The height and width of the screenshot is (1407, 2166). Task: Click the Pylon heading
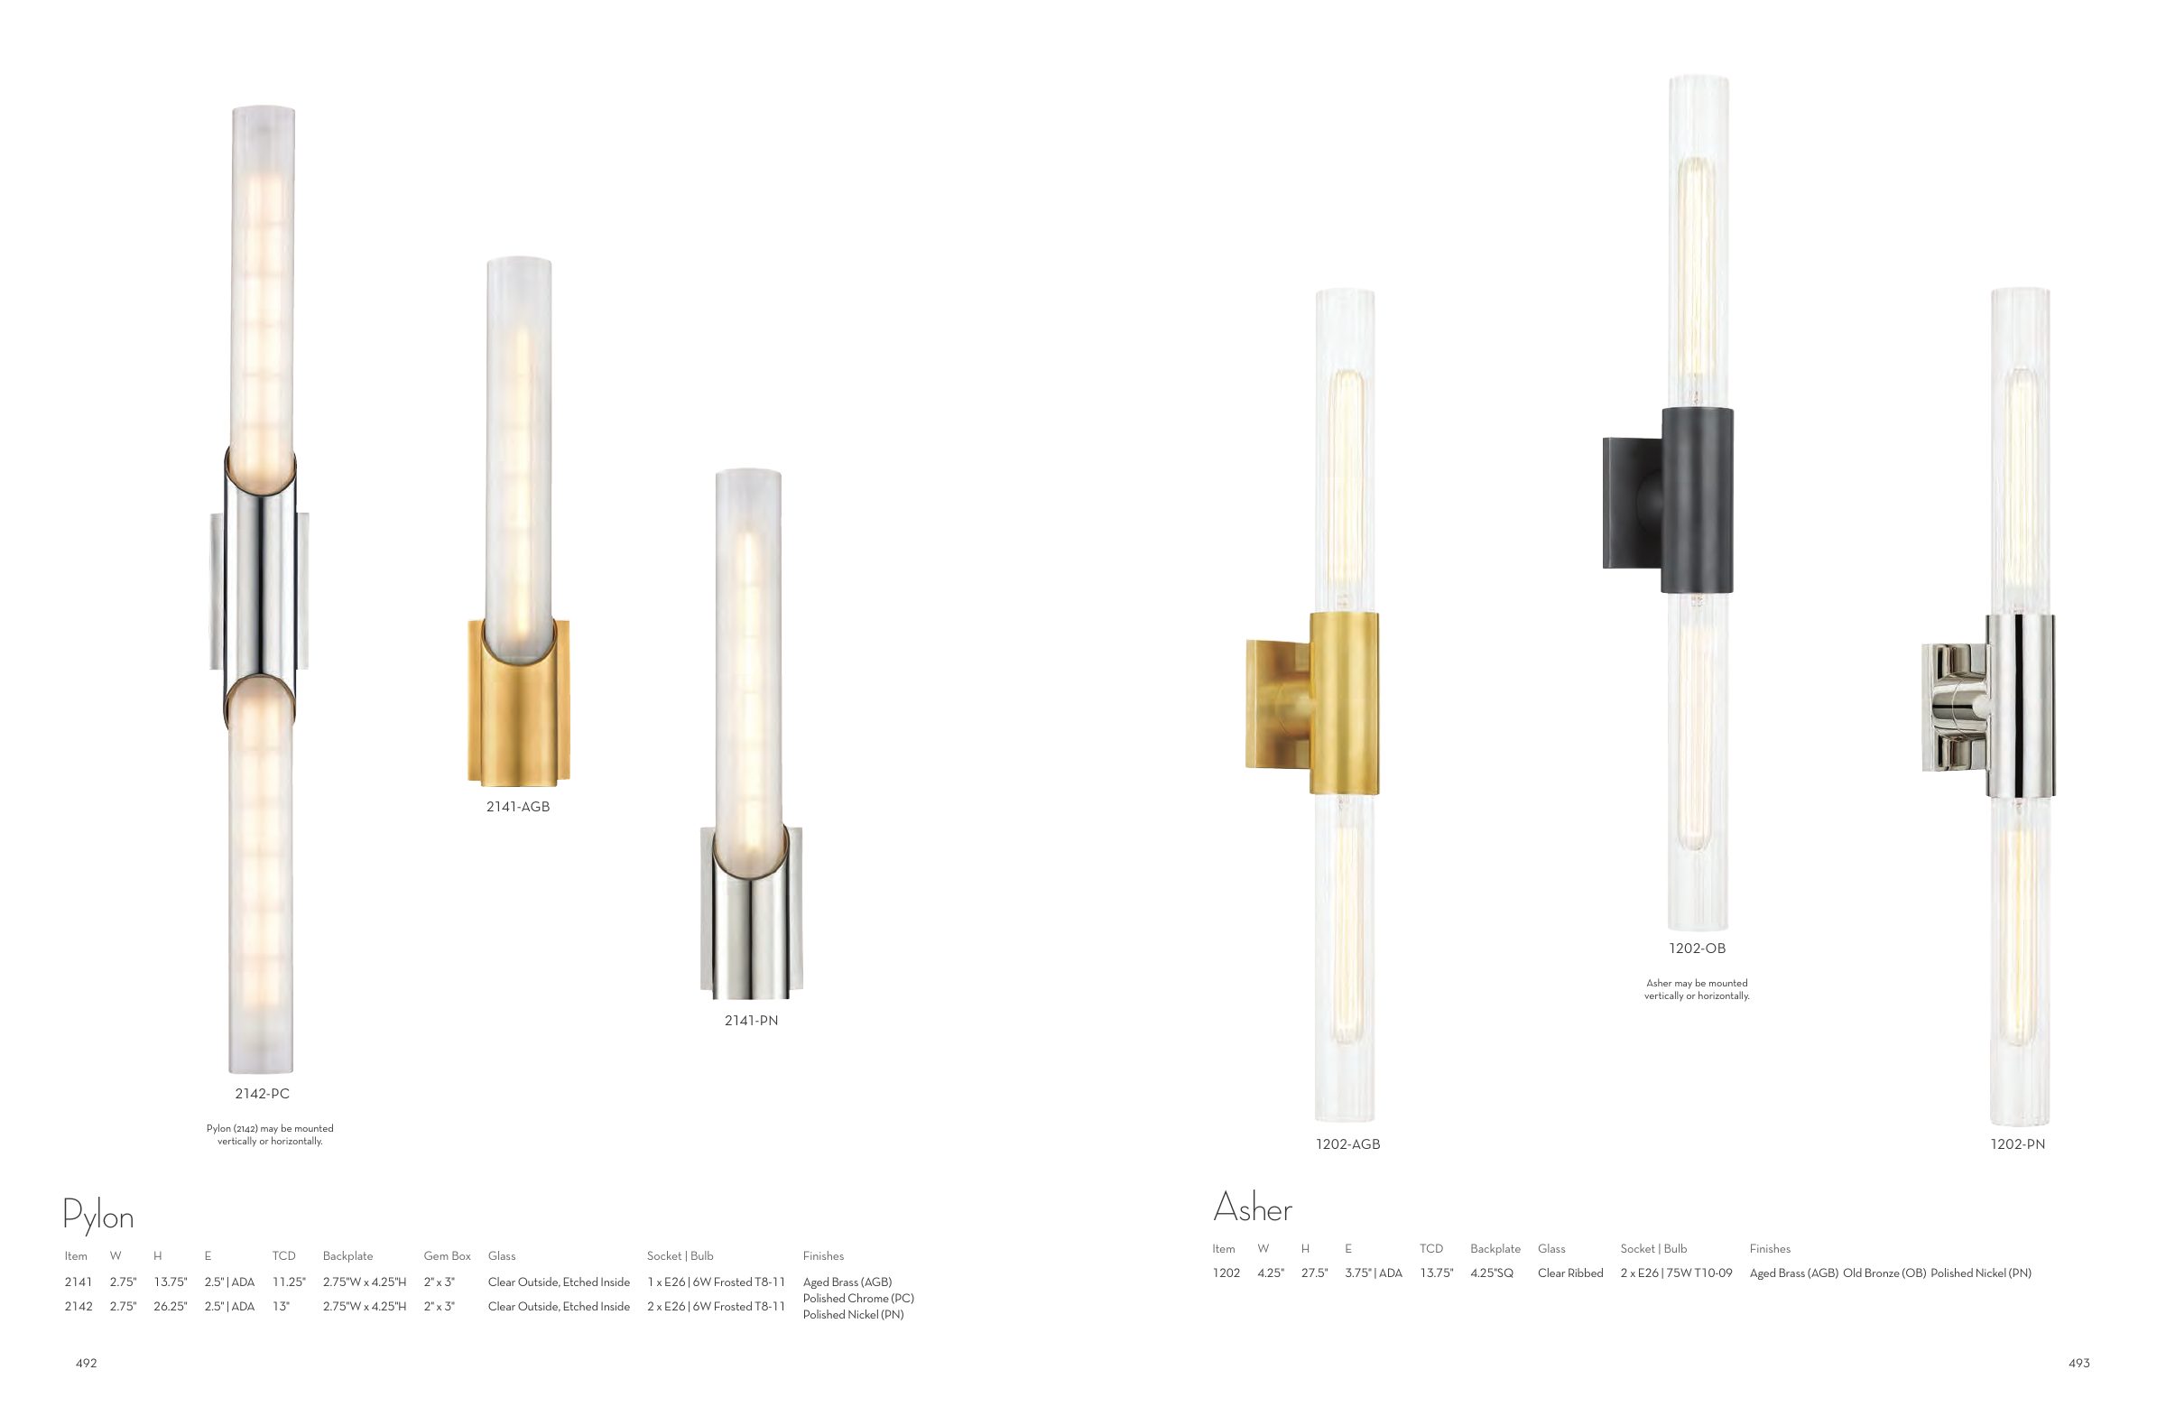tap(98, 1216)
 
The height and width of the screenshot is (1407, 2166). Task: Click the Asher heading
tap(1253, 1208)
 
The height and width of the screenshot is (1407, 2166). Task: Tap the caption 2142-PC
tap(262, 1093)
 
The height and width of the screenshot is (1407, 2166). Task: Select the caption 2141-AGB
tap(518, 806)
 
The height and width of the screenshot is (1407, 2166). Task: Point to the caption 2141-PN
tap(751, 1020)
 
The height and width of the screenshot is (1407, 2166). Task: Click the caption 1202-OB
tap(1697, 949)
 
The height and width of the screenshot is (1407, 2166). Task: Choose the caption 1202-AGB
tap(1347, 1144)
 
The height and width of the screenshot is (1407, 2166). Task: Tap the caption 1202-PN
tap(2018, 1144)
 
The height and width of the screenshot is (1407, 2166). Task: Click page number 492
tap(86, 1364)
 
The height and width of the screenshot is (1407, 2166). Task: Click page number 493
tap(2078, 1364)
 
